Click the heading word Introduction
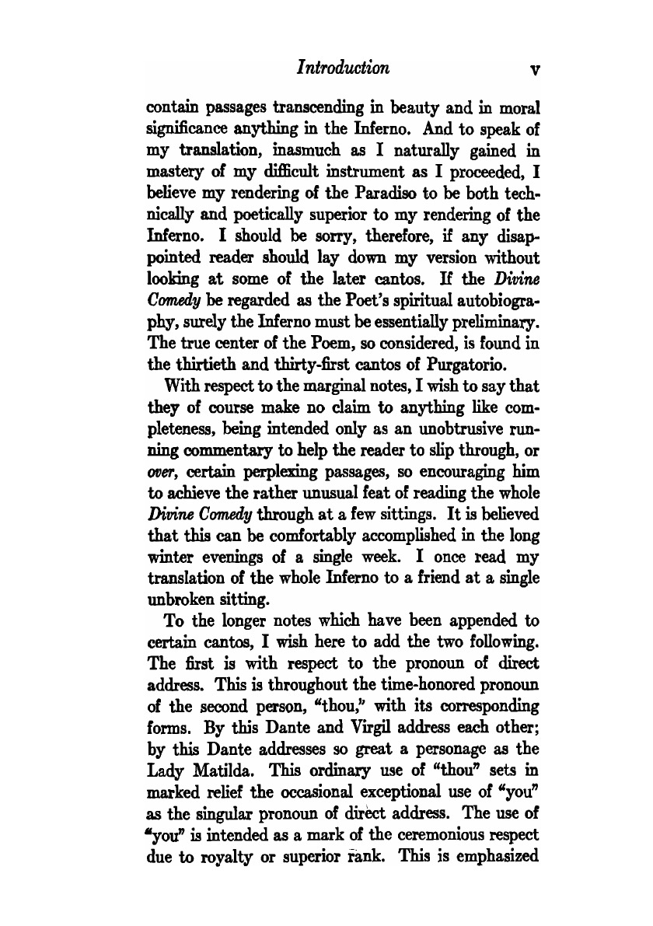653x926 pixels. click(x=342, y=68)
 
